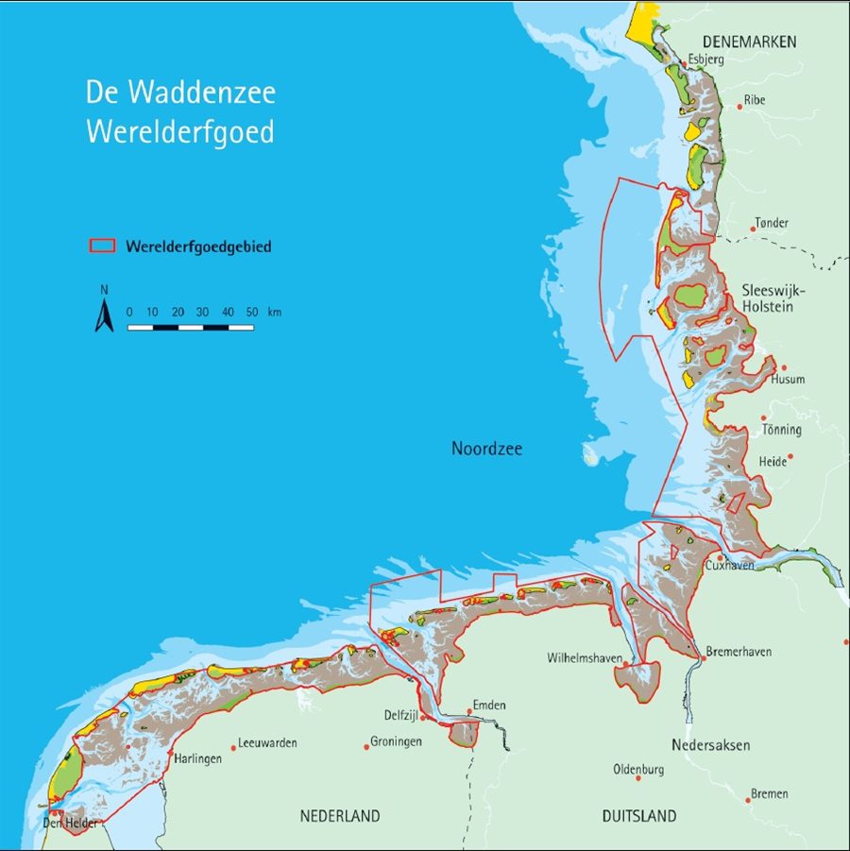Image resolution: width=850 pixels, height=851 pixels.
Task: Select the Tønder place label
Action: pyautogui.click(x=771, y=224)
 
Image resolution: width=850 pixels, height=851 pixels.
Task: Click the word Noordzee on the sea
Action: pyautogui.click(x=486, y=450)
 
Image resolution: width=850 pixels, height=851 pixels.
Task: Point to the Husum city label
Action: pyautogui.click(x=789, y=380)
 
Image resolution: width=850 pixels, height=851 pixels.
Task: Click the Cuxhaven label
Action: pyautogui.click(x=729, y=566)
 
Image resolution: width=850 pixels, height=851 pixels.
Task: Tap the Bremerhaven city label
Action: pyautogui.click(x=739, y=652)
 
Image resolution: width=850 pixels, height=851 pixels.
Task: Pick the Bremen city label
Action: pyautogui.click(x=770, y=793)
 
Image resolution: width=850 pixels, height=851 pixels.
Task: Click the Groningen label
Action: pyautogui.click(x=396, y=741)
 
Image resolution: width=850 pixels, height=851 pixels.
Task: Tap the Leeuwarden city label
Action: pyautogui.click(x=267, y=743)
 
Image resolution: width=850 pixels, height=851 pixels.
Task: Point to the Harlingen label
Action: pyautogui.click(x=197, y=758)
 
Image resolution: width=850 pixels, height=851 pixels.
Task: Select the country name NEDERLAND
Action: pyautogui.click(x=340, y=816)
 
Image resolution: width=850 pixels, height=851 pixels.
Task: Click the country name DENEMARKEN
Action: pyautogui.click(x=750, y=42)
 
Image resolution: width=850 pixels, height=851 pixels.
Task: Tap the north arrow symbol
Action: pyautogui.click(x=103, y=315)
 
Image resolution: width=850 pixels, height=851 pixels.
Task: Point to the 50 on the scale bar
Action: pyautogui.click(x=251, y=312)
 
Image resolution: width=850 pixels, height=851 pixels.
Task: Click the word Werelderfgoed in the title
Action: pyautogui.click(x=180, y=132)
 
